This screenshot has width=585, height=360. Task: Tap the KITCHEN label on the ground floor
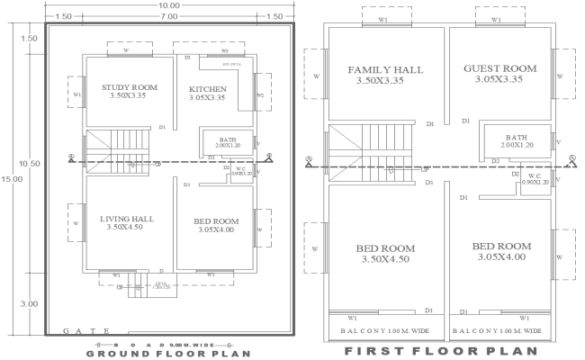(208, 89)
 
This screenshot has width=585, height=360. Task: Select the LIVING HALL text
(127, 219)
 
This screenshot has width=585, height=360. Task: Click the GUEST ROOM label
(499, 68)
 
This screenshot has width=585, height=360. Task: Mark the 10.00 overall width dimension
(168, 5)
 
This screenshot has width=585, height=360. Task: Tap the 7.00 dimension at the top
(168, 17)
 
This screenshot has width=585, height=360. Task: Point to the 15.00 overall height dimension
(7, 179)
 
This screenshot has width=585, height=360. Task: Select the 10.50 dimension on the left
(30, 164)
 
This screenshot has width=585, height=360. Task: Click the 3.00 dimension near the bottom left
(30, 304)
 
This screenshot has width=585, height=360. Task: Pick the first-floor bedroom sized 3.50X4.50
(384, 253)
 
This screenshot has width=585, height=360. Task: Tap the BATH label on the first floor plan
(517, 138)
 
